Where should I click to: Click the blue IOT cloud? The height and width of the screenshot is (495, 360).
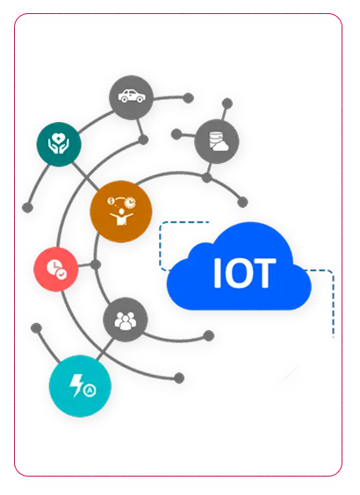[239, 269]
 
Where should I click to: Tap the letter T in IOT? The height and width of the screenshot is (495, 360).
[264, 273]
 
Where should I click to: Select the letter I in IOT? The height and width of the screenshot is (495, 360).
[217, 273]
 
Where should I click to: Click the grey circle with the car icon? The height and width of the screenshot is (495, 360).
[132, 97]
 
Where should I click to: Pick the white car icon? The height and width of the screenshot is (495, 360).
[132, 96]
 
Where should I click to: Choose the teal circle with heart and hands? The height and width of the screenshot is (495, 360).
[59, 144]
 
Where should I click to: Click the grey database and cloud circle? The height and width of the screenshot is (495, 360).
[217, 142]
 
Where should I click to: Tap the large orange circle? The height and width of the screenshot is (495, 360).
[121, 212]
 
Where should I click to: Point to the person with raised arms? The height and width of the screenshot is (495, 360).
[121, 217]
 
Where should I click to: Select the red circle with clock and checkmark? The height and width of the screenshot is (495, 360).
[56, 269]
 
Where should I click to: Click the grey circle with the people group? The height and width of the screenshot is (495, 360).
[126, 319]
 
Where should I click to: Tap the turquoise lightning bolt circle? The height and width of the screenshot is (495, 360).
[80, 386]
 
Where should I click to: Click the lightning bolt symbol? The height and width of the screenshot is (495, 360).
[76, 385]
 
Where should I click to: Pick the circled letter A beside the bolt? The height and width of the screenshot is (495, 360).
[90, 391]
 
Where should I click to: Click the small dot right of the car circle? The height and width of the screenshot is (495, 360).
[188, 98]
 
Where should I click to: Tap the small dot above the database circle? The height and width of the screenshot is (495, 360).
[227, 104]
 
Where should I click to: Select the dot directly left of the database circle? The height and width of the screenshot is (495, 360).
[176, 134]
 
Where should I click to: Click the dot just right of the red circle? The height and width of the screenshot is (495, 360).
[96, 264]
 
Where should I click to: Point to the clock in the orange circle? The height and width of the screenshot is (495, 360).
[130, 202]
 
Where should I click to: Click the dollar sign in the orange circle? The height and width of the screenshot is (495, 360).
[111, 201]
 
